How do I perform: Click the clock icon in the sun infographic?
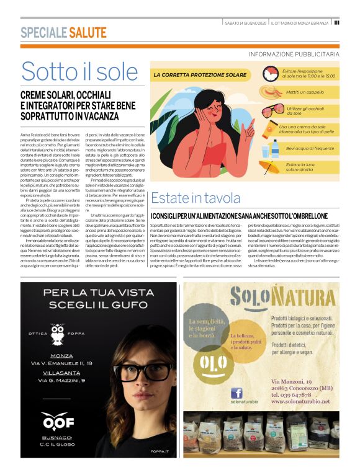[x=271, y=74]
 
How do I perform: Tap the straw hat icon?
[x=272, y=94]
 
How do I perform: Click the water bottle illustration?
[x=274, y=149]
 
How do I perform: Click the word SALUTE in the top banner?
[x=88, y=33]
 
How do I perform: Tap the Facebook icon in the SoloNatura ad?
[x=236, y=393]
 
